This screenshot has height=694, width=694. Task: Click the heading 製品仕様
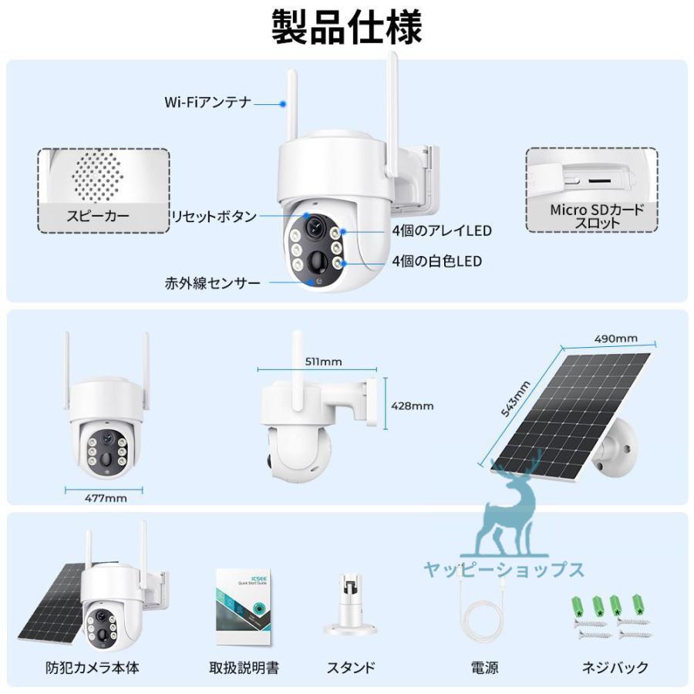tap(347, 28)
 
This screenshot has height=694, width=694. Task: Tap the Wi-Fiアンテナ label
tap(208, 102)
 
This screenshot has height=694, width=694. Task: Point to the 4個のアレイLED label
tap(441, 231)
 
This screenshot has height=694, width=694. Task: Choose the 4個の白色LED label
tap(436, 261)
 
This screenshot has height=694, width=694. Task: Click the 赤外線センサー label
tap(212, 282)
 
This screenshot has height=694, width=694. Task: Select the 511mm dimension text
tap(323, 361)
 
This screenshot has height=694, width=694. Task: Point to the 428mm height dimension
tap(413, 405)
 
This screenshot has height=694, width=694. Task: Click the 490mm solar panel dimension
tap(615, 338)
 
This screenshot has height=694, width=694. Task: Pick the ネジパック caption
tap(614, 667)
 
